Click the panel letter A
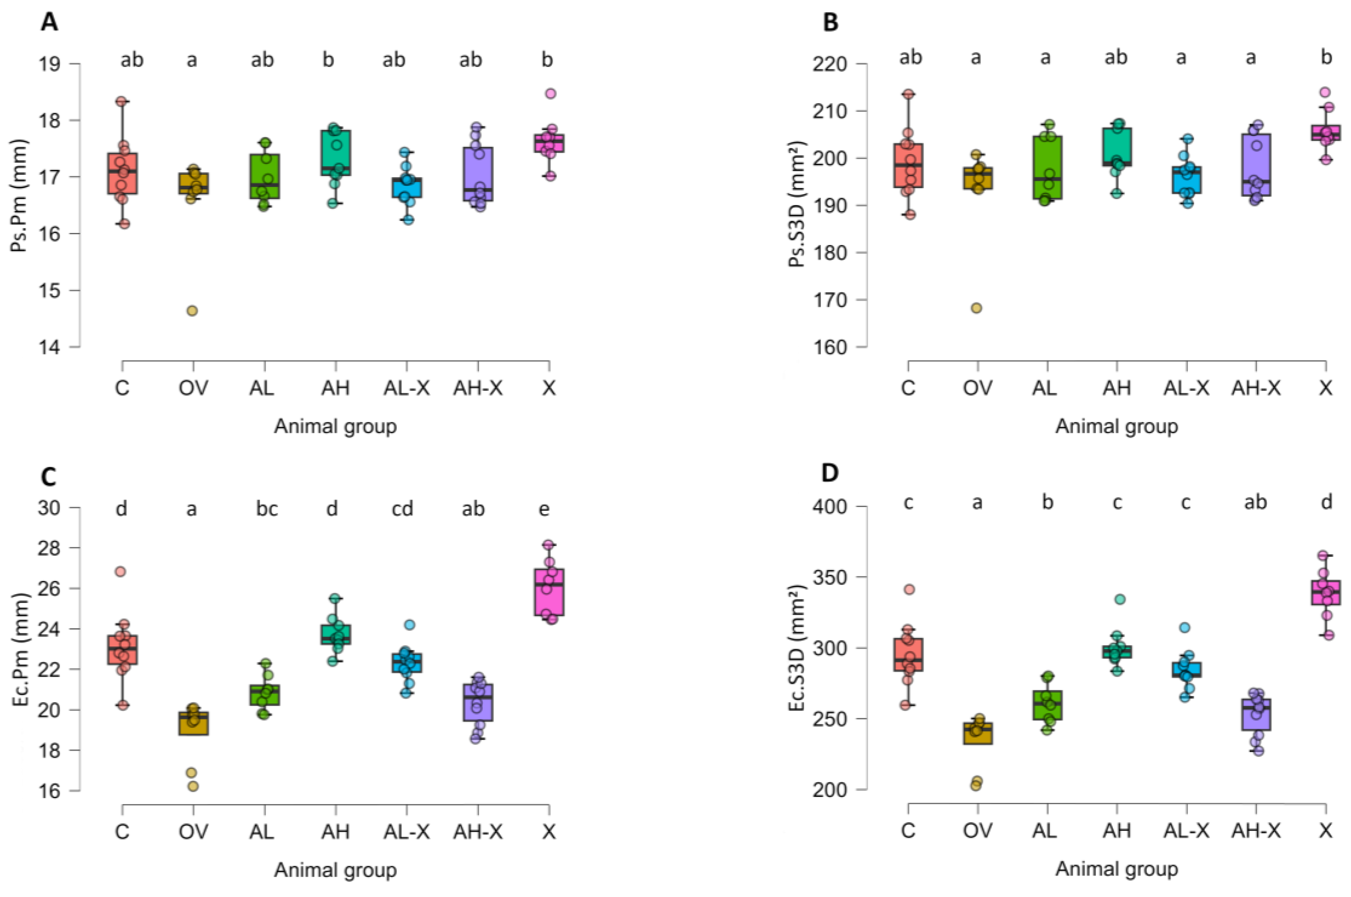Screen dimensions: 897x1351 click(x=49, y=23)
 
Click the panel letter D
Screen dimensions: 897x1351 click(x=829, y=473)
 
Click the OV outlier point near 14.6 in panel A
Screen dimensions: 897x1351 click(x=193, y=310)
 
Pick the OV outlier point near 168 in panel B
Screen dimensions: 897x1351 click(x=977, y=308)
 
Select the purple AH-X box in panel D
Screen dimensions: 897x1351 click(x=1256, y=715)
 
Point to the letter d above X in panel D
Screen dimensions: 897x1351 click(x=1326, y=502)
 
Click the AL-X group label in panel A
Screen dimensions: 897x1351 click(x=406, y=388)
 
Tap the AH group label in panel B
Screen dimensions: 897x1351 click(x=1116, y=388)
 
